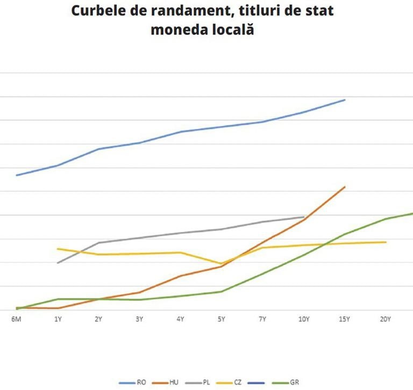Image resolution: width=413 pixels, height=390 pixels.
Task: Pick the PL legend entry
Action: (x=206, y=382)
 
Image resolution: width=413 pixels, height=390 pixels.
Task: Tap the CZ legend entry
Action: (x=238, y=382)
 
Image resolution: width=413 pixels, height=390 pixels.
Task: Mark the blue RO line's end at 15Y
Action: (x=345, y=100)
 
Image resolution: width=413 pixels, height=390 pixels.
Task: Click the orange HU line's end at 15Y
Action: (x=345, y=187)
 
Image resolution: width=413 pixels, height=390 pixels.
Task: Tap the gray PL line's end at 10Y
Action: (x=304, y=217)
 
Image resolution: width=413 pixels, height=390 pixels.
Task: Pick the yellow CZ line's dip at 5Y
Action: (x=221, y=264)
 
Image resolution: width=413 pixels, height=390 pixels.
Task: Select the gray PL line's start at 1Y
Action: (x=58, y=263)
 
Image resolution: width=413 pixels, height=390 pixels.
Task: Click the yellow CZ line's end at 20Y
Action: (x=386, y=242)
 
